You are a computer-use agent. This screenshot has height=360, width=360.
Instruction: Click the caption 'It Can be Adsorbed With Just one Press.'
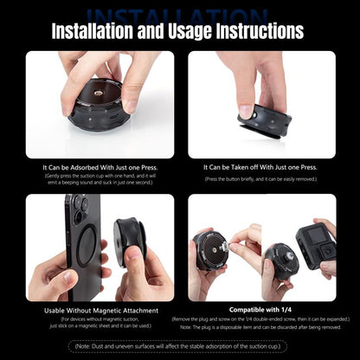pos(100,167)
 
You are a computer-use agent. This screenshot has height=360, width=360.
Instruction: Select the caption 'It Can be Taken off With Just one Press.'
pos(260,167)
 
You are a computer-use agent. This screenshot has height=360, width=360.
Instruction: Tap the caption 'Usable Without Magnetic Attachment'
pos(100,309)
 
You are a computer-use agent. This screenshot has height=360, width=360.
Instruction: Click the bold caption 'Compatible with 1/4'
pos(260,309)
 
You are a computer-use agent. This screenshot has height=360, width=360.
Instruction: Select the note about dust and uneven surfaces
pos(180,347)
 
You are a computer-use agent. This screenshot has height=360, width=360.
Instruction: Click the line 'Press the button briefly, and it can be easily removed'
pos(260,179)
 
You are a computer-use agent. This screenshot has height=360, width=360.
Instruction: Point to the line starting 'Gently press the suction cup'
pos(100,176)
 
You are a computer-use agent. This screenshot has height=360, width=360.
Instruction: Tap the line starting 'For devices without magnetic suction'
pos(100,319)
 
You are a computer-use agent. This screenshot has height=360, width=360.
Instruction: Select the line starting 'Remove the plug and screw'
pos(260,318)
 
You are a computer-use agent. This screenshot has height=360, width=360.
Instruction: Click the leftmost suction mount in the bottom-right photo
pos(211,250)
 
